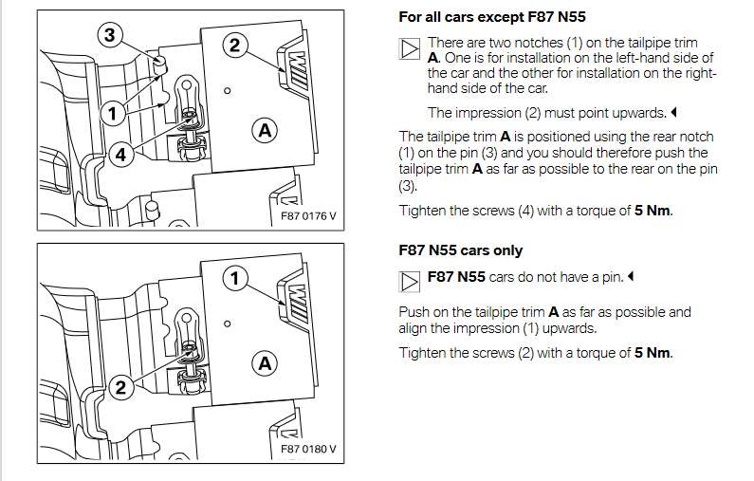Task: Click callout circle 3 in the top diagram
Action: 110,36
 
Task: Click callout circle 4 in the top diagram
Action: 120,157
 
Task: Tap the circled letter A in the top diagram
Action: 266,129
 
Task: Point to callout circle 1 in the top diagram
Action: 111,114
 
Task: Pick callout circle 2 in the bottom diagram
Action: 120,387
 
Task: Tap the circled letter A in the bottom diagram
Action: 266,362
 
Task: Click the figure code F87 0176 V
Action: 309,216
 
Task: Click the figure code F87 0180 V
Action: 309,449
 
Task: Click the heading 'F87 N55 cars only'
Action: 461,250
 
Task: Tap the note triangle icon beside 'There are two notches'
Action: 409,49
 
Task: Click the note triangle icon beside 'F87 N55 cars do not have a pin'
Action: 409,282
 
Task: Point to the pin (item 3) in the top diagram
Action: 159,65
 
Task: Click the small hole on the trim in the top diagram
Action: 228,92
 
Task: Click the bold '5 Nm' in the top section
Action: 652,210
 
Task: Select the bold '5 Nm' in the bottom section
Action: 652,353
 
